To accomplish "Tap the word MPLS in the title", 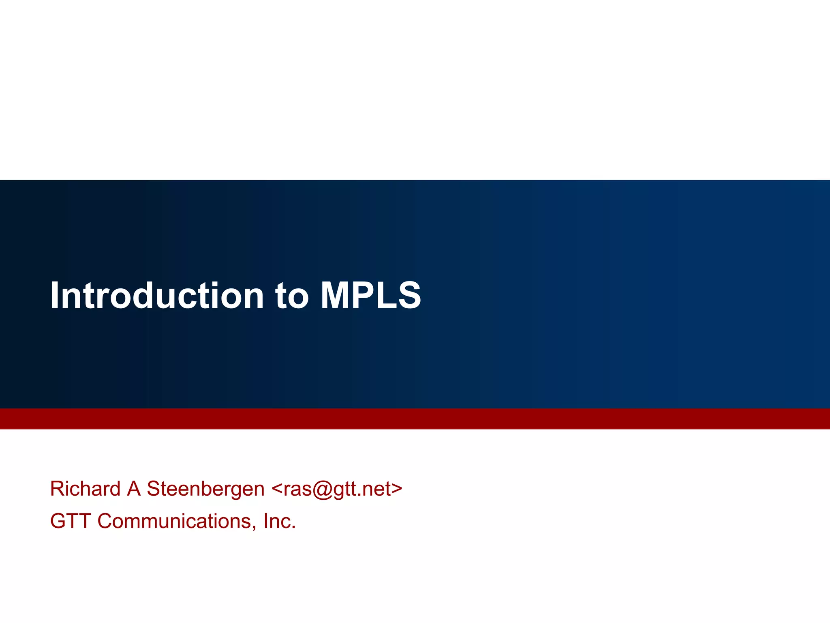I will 370,295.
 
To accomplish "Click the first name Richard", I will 85,488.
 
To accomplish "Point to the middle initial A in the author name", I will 134,488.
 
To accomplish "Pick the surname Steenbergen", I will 205,489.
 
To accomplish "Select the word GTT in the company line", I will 70,521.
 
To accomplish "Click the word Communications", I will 176,521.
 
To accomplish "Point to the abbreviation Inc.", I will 279,521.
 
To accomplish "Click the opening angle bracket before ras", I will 277,489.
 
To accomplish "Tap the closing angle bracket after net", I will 397,489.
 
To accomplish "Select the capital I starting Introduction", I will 53,295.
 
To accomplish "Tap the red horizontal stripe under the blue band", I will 415,419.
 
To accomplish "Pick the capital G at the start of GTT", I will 58,521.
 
